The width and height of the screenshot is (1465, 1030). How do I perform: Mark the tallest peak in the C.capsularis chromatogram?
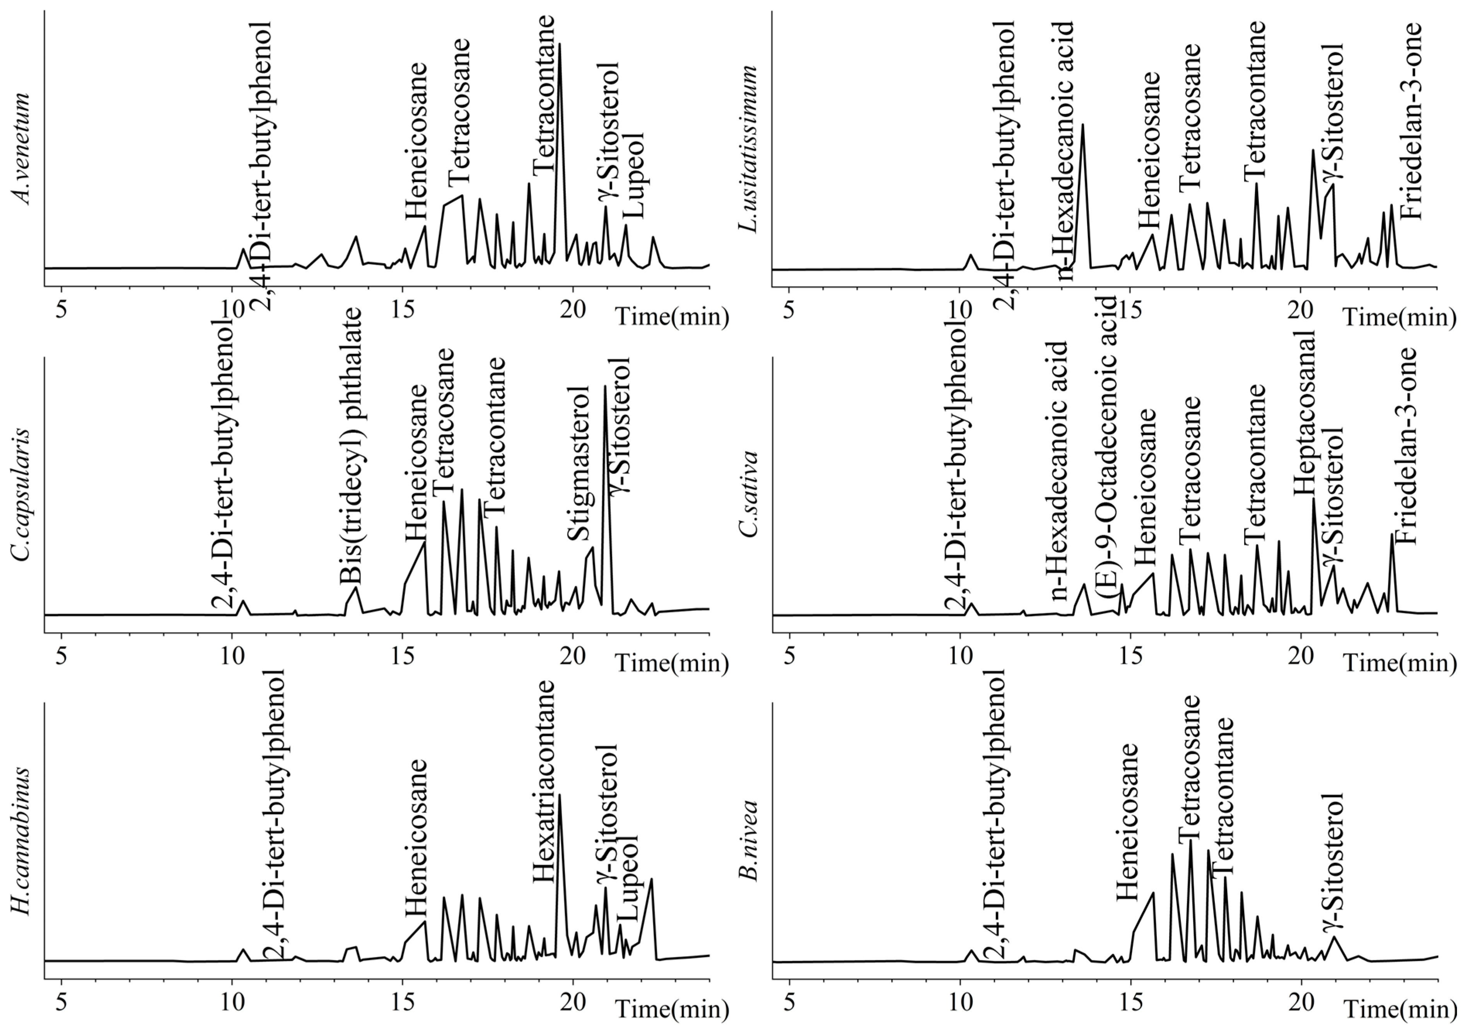[605, 387]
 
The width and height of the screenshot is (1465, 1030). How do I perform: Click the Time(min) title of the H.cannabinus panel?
[672, 1009]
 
